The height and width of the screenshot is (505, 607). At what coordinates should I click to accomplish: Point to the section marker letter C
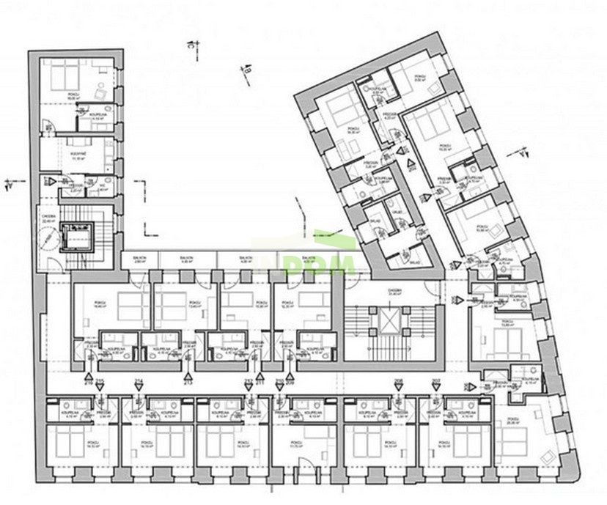(188, 45)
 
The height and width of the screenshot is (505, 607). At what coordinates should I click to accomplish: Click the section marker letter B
(247, 70)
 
